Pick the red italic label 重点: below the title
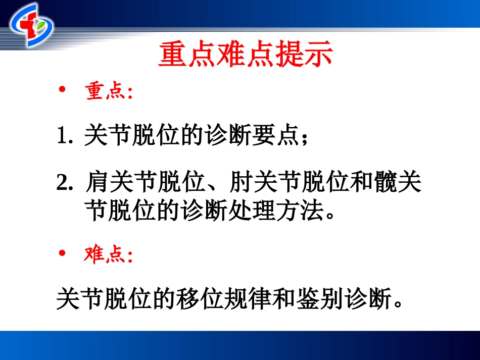[x=108, y=91]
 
